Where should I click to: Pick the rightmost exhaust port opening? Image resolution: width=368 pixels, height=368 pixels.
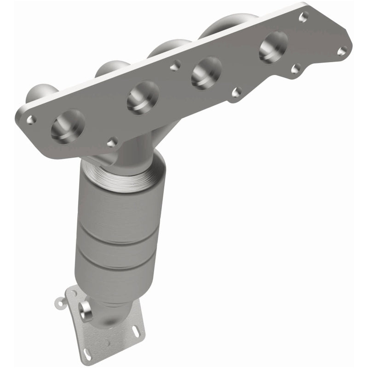tap(273, 46)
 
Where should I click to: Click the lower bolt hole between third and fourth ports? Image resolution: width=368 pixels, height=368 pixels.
tap(236, 92)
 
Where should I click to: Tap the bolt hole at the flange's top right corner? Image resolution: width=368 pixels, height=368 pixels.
tap(303, 17)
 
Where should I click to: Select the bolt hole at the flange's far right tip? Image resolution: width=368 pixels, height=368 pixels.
tap(341, 51)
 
